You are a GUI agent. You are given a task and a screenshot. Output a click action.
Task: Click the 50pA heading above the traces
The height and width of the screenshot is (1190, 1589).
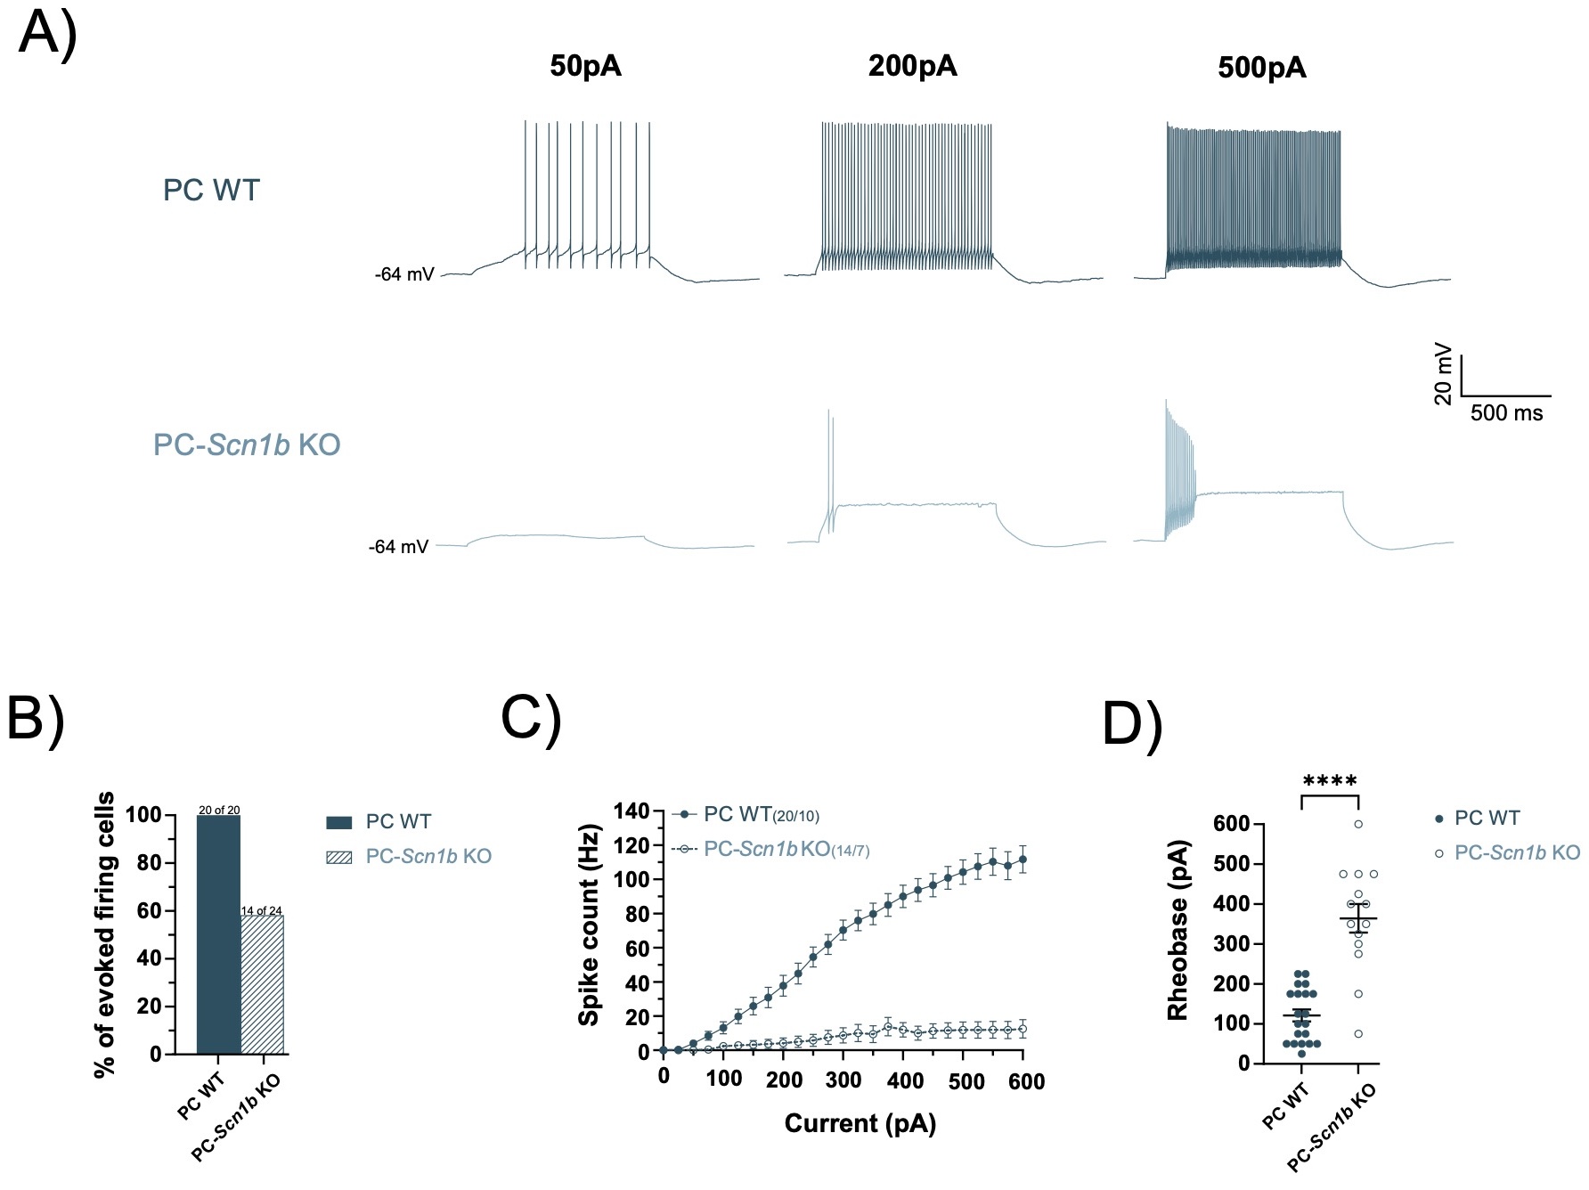point(585,67)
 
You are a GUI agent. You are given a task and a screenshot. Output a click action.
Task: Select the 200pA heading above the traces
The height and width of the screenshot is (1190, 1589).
point(912,67)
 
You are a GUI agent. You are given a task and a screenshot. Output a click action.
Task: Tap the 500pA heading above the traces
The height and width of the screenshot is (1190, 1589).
point(1262,68)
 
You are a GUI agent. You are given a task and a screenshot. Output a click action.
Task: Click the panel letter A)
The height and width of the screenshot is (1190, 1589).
point(48,36)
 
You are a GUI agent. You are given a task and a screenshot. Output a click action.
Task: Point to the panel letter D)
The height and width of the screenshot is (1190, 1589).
point(1132,725)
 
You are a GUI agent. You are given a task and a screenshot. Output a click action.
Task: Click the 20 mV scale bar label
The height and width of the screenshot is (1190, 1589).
point(1444,374)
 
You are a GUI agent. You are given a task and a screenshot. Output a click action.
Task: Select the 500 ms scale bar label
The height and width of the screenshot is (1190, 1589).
point(1506,413)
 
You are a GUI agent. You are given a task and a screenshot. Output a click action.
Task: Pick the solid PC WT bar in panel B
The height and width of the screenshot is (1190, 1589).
point(218,934)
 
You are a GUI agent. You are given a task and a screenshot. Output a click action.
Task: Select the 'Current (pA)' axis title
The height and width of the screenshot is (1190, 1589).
point(860,1124)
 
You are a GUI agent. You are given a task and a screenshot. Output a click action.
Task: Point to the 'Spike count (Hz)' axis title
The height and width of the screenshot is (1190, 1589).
point(590,925)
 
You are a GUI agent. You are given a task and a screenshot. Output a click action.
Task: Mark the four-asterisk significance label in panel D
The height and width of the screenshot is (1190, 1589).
point(1329,783)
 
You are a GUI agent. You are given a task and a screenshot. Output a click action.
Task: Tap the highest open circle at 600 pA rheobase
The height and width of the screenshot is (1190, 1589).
point(1358,824)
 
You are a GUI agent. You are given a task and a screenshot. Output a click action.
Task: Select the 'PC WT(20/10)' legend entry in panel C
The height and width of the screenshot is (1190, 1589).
point(761,814)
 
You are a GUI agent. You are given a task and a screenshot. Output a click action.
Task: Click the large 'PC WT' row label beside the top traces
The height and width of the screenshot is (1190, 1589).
point(211,191)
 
